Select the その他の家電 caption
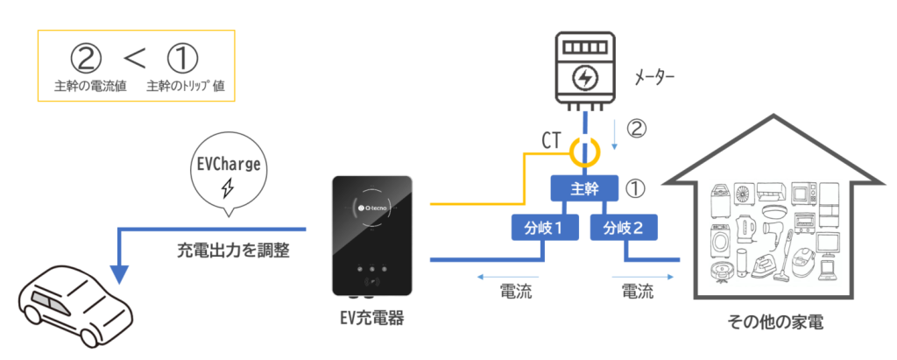tap(772, 323)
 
